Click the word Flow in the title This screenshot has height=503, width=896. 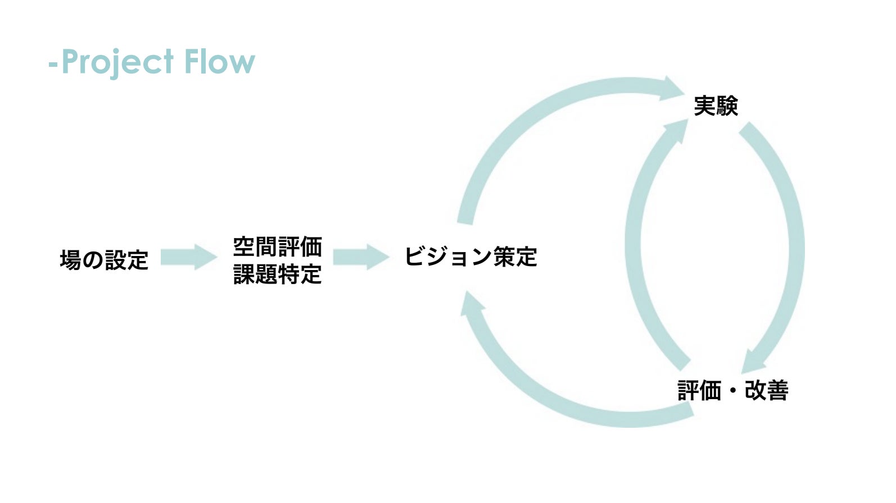point(219,62)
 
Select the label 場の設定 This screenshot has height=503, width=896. point(104,260)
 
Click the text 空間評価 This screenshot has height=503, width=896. point(277,246)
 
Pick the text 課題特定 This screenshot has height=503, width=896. point(277,274)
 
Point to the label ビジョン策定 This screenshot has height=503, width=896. point(470,257)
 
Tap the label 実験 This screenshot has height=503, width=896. point(716,106)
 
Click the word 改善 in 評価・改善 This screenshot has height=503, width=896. point(767,390)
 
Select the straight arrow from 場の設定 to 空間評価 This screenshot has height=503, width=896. point(188,257)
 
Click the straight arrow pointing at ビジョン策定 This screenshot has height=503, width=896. point(361,257)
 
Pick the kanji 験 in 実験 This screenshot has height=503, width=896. point(727,106)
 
